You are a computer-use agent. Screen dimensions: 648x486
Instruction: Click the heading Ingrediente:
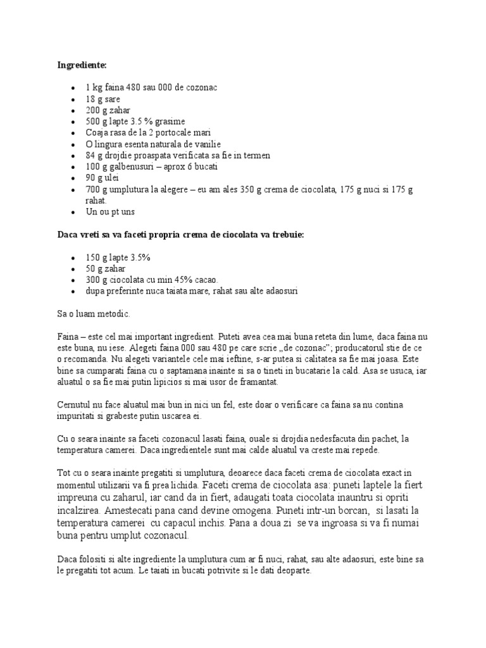pos(82,65)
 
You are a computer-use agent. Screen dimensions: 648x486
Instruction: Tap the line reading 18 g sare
pos(103,99)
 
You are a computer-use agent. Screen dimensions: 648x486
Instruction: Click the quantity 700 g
pos(97,190)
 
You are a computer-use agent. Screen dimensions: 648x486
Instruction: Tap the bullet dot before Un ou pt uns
pos(74,213)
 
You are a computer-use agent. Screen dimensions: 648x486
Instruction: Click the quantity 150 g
pos(97,258)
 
